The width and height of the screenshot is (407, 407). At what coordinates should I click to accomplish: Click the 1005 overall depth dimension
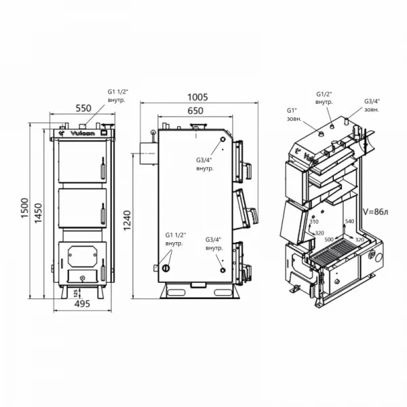[x=196, y=98]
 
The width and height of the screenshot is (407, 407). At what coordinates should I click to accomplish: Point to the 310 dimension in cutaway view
[x=313, y=222]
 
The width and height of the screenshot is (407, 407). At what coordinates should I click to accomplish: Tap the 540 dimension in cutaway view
[x=350, y=222]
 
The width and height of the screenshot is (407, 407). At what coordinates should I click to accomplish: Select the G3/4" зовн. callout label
[x=372, y=104]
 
